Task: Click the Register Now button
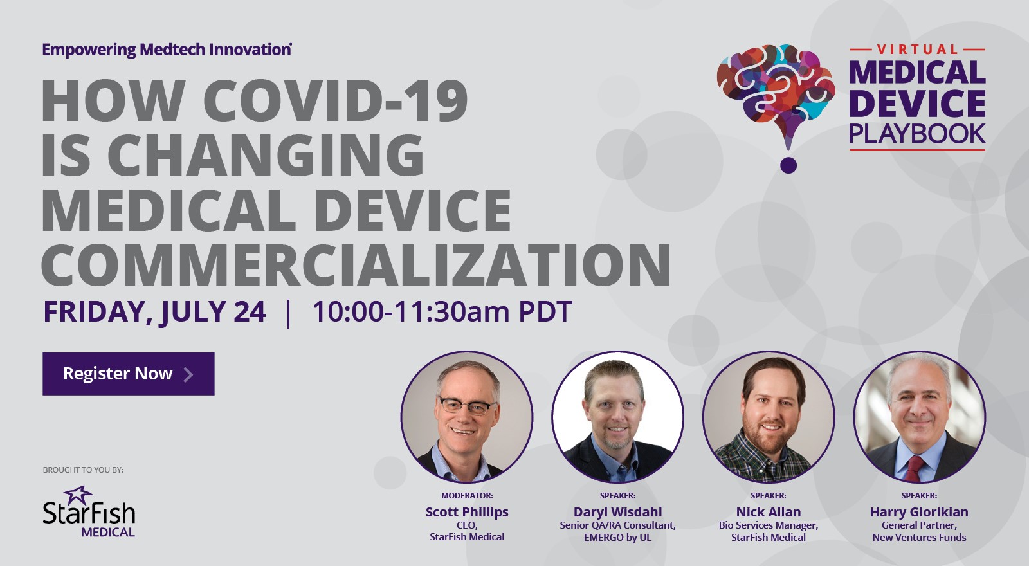click(x=128, y=374)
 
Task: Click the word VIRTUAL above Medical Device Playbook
click(x=917, y=50)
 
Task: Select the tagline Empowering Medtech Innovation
click(x=167, y=50)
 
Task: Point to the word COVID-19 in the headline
click(x=335, y=101)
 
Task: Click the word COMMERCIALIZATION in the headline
click(x=356, y=266)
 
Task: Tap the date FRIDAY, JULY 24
click(x=154, y=312)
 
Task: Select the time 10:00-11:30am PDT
click(x=442, y=312)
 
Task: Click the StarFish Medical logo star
click(x=78, y=495)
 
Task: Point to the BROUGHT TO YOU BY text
click(x=83, y=470)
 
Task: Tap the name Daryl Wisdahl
click(x=617, y=512)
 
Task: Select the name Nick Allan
click(x=769, y=512)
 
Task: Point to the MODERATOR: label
click(x=467, y=496)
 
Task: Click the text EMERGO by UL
click(x=617, y=538)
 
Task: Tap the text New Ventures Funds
click(x=919, y=538)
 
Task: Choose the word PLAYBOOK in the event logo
click(x=917, y=134)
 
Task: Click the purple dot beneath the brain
click(x=788, y=165)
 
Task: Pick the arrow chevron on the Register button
click(x=188, y=374)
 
